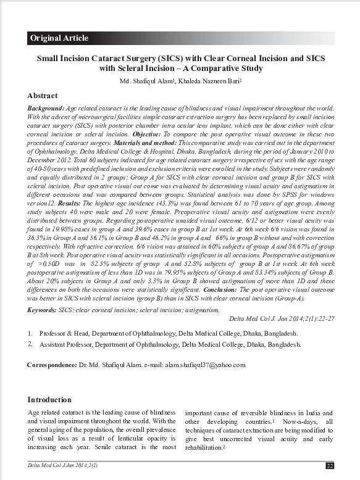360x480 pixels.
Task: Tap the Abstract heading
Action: click(x=43, y=96)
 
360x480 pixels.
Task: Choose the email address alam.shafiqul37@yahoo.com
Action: click(x=205, y=365)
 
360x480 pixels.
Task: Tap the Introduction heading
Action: click(x=49, y=399)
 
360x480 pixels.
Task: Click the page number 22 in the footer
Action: click(x=330, y=465)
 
